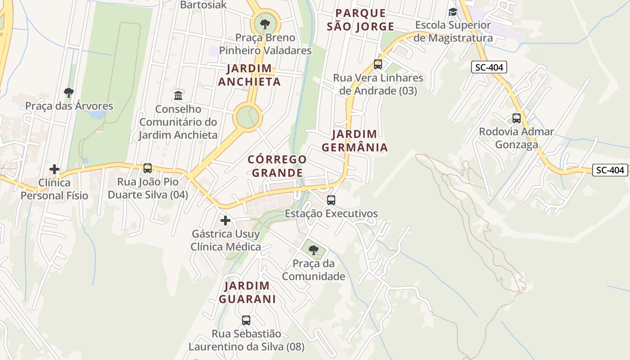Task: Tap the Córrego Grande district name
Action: pos(277,166)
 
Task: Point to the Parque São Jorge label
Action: pos(360,20)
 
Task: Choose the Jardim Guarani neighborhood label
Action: pos(247,292)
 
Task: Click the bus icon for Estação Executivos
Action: pos(331,200)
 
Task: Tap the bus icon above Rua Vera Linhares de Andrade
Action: pos(378,64)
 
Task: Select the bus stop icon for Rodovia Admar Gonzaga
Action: pos(517,118)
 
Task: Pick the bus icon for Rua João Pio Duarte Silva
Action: pos(148,168)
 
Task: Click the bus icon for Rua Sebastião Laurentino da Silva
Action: pos(246,320)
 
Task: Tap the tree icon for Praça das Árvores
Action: pos(69,93)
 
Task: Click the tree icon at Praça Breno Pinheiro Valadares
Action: pos(265,24)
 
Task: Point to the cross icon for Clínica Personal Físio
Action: pos(54,169)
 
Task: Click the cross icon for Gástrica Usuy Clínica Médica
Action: pos(225,220)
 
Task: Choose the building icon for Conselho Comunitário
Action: pos(178,95)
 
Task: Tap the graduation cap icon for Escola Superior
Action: pos(453,12)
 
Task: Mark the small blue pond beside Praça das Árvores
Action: pos(97,114)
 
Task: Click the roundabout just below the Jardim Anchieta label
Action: pos(247,117)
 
